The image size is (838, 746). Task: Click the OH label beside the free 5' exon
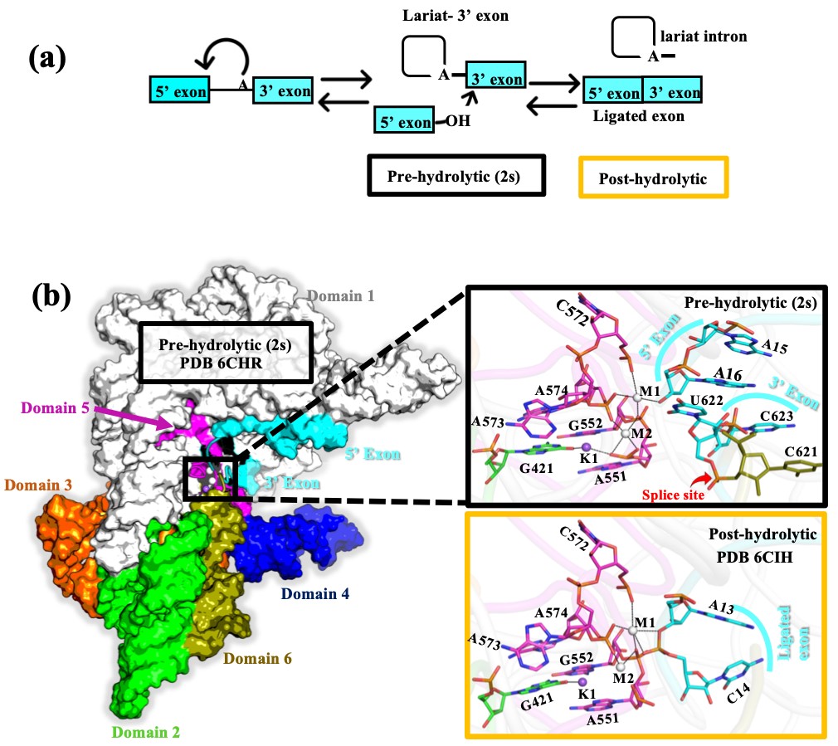pos(456,123)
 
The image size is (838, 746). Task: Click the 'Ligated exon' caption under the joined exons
pos(639,116)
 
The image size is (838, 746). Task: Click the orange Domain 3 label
pos(39,484)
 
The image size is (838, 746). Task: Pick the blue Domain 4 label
pos(315,594)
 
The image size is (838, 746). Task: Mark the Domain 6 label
pos(258,659)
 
